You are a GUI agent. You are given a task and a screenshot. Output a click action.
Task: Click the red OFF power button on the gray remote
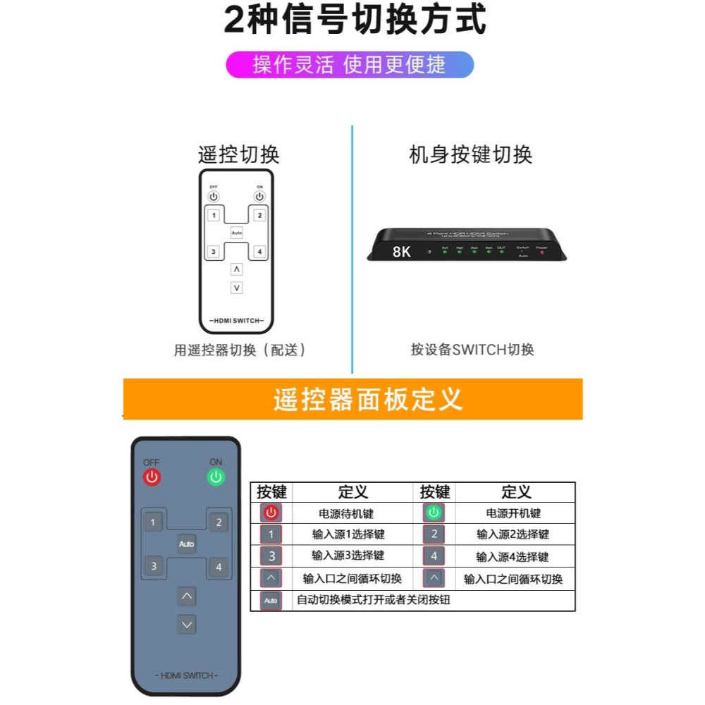pyautogui.click(x=152, y=477)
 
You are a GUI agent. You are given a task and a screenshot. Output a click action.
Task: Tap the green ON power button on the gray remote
pyautogui.click(x=216, y=477)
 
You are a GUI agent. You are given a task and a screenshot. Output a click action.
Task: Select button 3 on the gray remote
pyautogui.click(x=153, y=565)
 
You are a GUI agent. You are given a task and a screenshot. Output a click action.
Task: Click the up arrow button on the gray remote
pyautogui.click(x=186, y=596)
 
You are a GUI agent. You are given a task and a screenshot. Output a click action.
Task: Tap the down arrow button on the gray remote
pyautogui.click(x=186, y=625)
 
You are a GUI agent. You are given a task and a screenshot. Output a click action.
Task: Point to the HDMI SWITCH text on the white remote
pyautogui.click(x=235, y=321)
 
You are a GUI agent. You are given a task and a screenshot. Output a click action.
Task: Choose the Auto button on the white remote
pyautogui.click(x=236, y=233)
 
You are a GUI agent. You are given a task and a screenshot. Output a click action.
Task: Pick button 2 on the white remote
pyautogui.click(x=259, y=215)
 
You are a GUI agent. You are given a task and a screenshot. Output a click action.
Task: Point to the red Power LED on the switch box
pyautogui.click(x=541, y=252)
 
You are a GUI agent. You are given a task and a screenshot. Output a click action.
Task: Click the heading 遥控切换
pyautogui.click(x=238, y=154)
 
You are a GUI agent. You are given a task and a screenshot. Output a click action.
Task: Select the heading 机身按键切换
pyautogui.click(x=470, y=154)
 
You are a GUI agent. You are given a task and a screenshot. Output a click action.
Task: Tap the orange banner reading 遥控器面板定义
pyautogui.click(x=352, y=399)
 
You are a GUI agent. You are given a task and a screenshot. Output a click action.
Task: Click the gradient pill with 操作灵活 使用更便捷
pyautogui.click(x=350, y=65)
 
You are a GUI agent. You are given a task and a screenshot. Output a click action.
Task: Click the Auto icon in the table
pyautogui.click(x=271, y=601)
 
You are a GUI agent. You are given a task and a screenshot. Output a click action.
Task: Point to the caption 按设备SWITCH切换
pyautogui.click(x=472, y=350)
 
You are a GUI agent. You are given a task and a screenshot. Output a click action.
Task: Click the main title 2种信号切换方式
pyautogui.click(x=355, y=20)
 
